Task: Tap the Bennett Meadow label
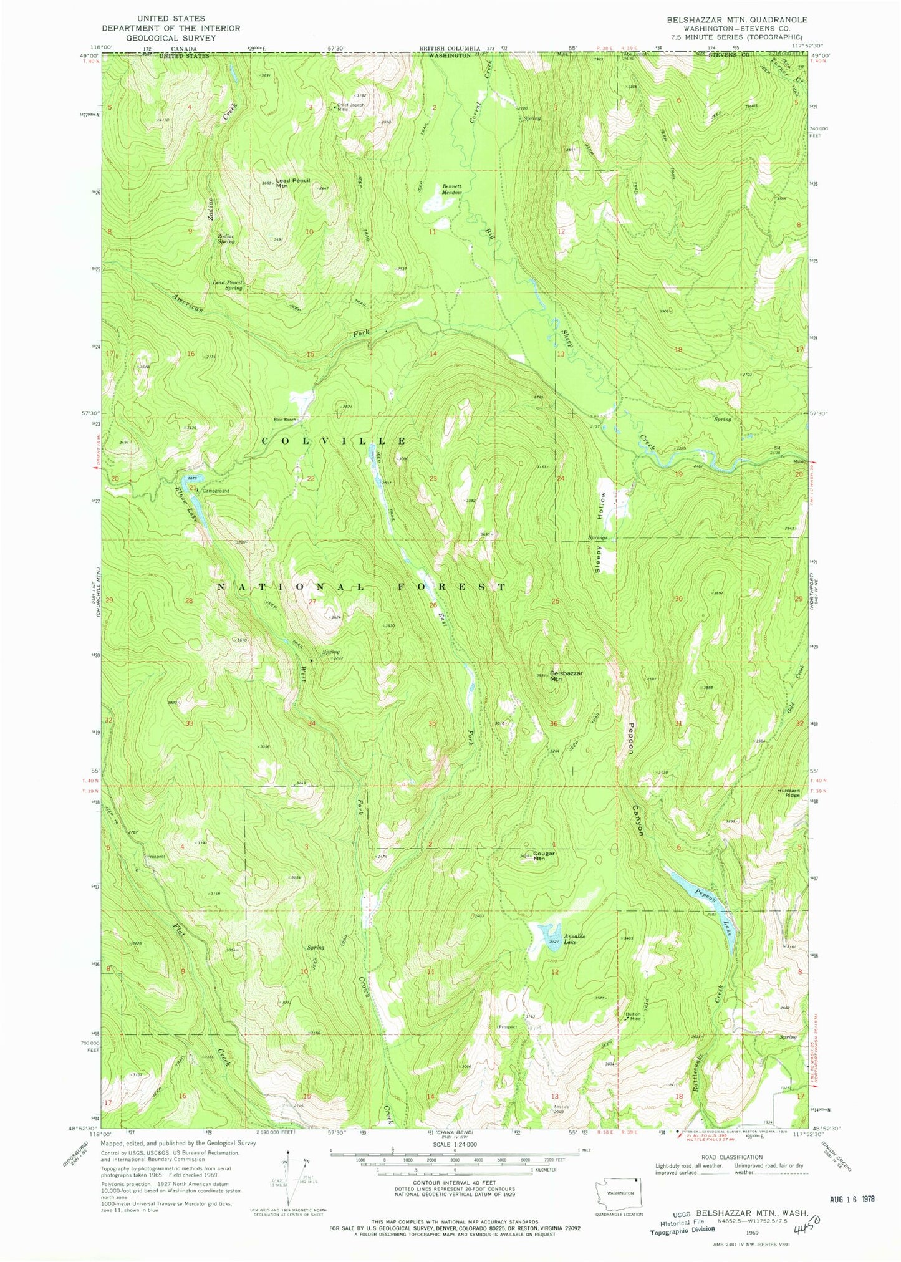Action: click(452, 189)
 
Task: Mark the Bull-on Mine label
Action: click(634, 1016)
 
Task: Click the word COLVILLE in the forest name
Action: click(334, 441)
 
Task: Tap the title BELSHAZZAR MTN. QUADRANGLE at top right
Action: click(728, 20)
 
